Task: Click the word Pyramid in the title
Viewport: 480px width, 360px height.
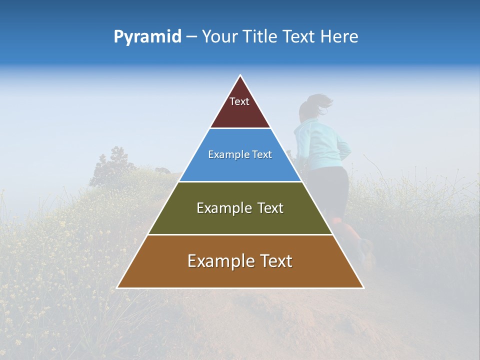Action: coord(147,37)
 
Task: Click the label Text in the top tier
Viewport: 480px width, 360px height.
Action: coord(239,101)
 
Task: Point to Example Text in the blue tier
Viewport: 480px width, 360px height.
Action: coord(240,154)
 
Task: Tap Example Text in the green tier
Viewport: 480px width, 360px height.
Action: coord(240,208)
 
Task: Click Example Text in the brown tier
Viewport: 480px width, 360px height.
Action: coord(240,261)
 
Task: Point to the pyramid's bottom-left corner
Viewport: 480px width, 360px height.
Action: coord(117,287)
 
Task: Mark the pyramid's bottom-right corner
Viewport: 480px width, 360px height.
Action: coord(363,287)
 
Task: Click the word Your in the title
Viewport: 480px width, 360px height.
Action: coord(219,37)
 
